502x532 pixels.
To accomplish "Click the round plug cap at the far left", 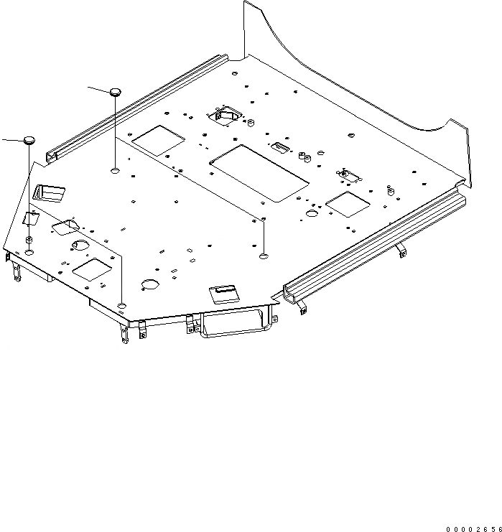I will [29, 139].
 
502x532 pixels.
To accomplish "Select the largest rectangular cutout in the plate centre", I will [261, 172].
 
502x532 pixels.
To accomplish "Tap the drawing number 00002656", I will [472, 528].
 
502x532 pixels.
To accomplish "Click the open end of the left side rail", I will [51, 155].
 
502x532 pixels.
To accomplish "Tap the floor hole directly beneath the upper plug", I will [115, 171].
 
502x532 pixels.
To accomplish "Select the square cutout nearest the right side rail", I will [348, 203].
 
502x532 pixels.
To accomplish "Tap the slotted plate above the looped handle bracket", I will [223, 292].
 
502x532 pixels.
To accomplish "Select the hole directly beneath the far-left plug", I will [29, 253].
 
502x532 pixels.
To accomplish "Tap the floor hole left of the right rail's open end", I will [264, 255].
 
